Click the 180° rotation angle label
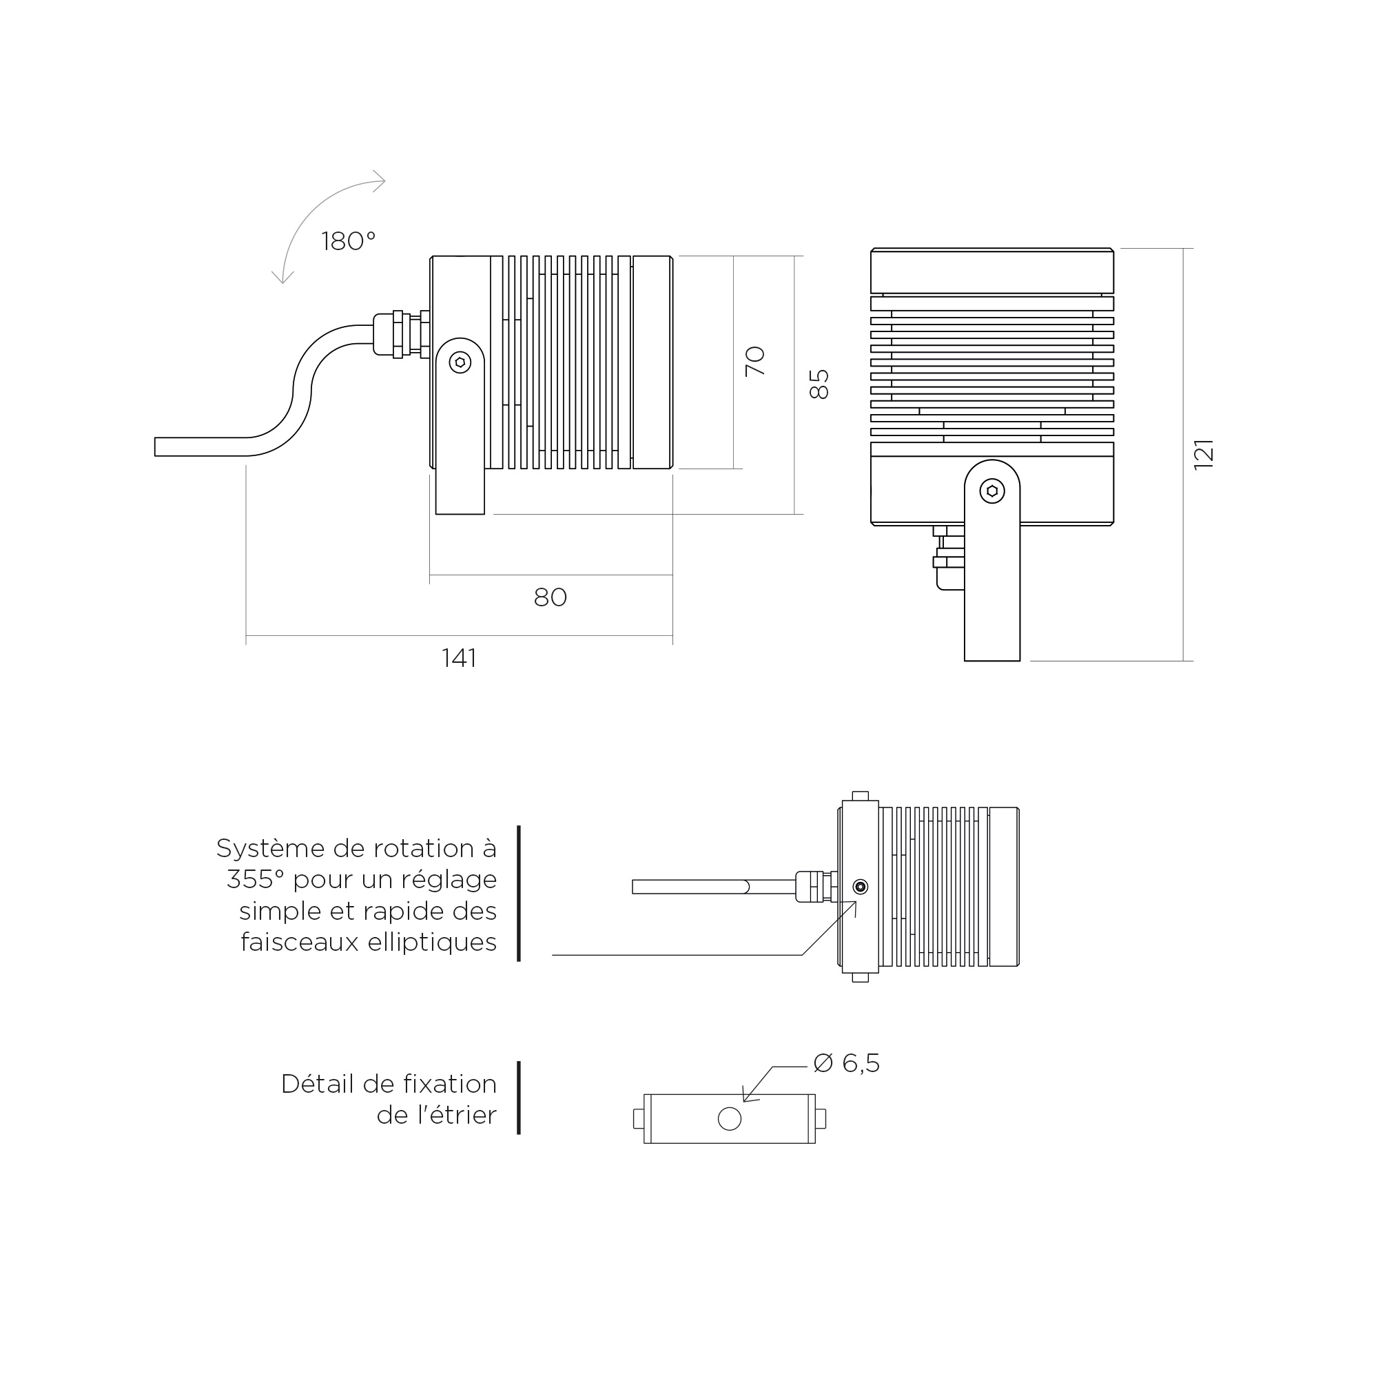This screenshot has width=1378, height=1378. point(348,242)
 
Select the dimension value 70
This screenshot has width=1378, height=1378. point(754,362)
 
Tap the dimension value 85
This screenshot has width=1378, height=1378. point(819,384)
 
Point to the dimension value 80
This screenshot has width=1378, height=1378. point(550,597)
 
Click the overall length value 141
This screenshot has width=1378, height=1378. point(459,657)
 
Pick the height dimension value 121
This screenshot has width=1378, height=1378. point(1203,454)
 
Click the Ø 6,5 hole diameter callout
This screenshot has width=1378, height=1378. point(847,1062)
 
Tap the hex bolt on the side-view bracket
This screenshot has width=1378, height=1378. point(460,362)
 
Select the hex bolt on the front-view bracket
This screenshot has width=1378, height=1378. point(992,491)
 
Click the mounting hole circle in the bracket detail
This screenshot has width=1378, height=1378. point(729,1118)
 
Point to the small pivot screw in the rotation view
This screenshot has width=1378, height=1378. point(860,887)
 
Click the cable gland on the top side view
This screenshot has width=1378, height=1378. point(402,335)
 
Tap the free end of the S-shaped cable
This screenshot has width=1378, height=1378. point(156,446)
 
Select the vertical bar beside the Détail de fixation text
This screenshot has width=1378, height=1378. point(519,1097)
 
